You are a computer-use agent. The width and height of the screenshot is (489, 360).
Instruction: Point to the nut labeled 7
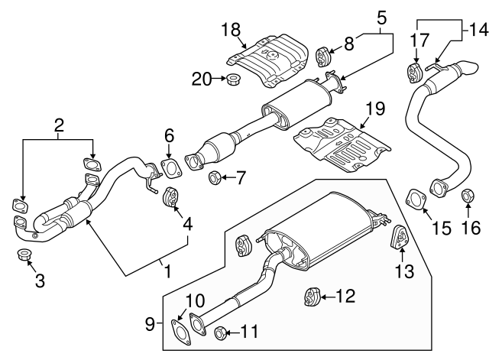216,179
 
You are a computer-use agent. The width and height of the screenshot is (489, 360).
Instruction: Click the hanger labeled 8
324,57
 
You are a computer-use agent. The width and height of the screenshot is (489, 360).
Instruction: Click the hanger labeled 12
311,296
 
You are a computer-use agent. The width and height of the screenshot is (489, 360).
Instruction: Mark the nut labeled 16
468,199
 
